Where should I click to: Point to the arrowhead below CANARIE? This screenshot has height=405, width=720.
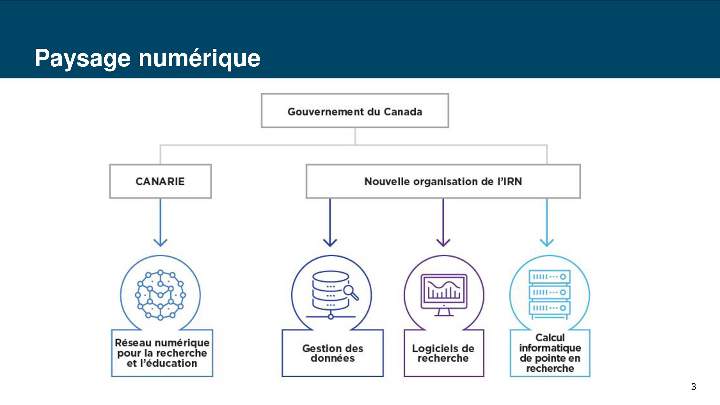point(160,243)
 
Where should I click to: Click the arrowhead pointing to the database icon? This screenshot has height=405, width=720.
point(330,243)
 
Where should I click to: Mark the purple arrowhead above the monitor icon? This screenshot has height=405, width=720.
point(443,243)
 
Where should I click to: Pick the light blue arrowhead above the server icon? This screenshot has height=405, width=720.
point(547,243)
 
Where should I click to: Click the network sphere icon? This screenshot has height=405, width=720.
point(160,295)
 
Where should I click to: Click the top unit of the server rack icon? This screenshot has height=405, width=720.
point(550,277)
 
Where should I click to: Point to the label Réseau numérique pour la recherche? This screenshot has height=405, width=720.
point(162,348)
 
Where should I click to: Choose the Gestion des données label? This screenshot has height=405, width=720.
point(333,353)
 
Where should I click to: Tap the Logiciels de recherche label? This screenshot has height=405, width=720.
point(443,353)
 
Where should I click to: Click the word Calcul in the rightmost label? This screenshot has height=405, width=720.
point(550,338)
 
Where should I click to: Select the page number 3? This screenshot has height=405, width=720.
point(693,387)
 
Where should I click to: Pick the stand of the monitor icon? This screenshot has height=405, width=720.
point(444,312)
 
